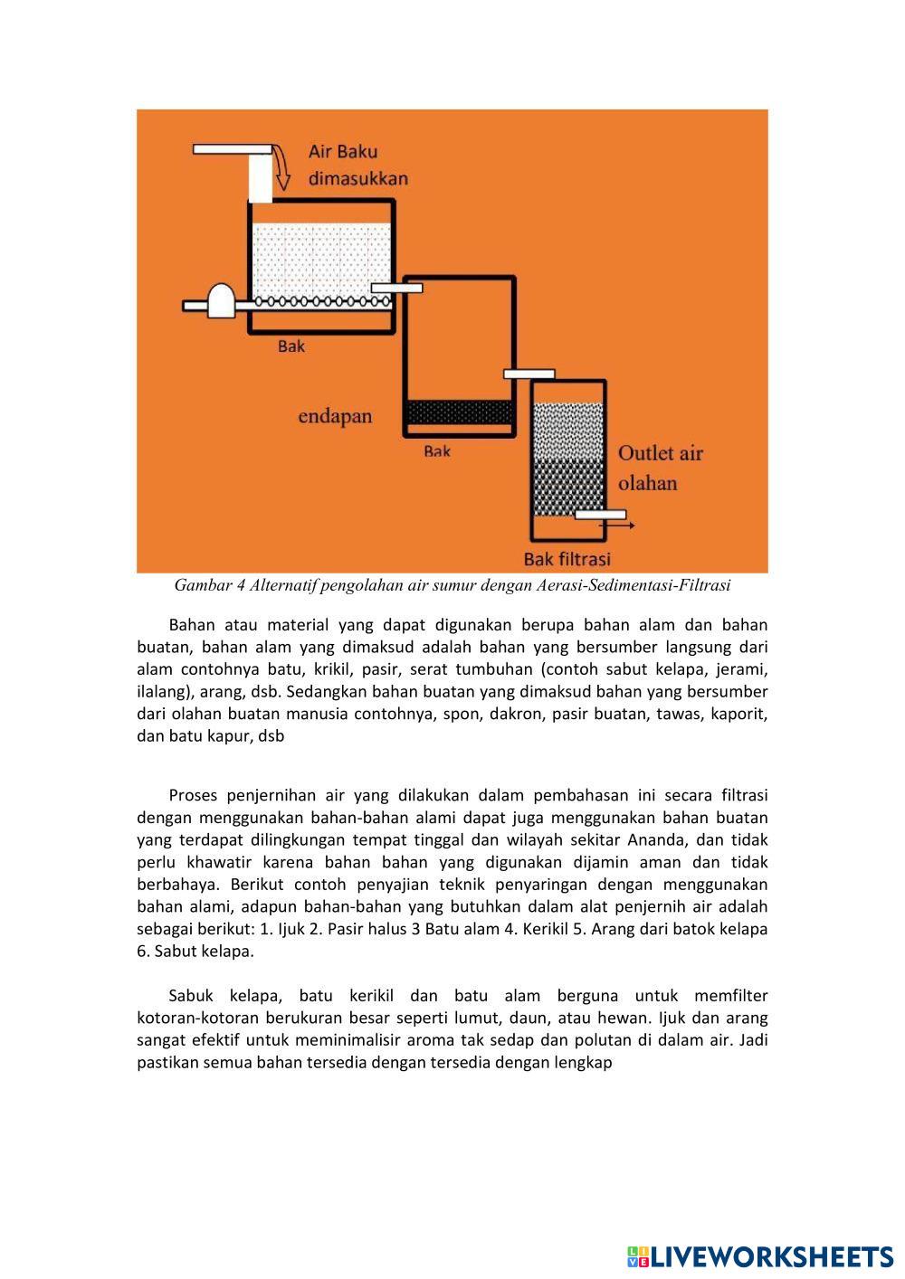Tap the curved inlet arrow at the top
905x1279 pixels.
[282, 169]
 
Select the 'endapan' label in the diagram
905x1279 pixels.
[335, 417]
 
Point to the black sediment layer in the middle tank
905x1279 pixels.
[460, 412]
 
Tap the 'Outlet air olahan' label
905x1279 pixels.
[660, 468]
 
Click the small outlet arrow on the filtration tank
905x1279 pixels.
[624, 524]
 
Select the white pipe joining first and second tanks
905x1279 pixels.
[396, 289]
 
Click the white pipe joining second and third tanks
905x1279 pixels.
[529, 374]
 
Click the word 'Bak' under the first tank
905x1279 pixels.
[291, 346]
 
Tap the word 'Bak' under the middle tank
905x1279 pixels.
[436, 450]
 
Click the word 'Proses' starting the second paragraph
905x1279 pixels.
[193, 796]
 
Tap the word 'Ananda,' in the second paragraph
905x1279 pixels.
[670, 840]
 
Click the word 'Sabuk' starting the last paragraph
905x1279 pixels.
[191, 996]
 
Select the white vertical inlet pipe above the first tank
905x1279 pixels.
[260, 177]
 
